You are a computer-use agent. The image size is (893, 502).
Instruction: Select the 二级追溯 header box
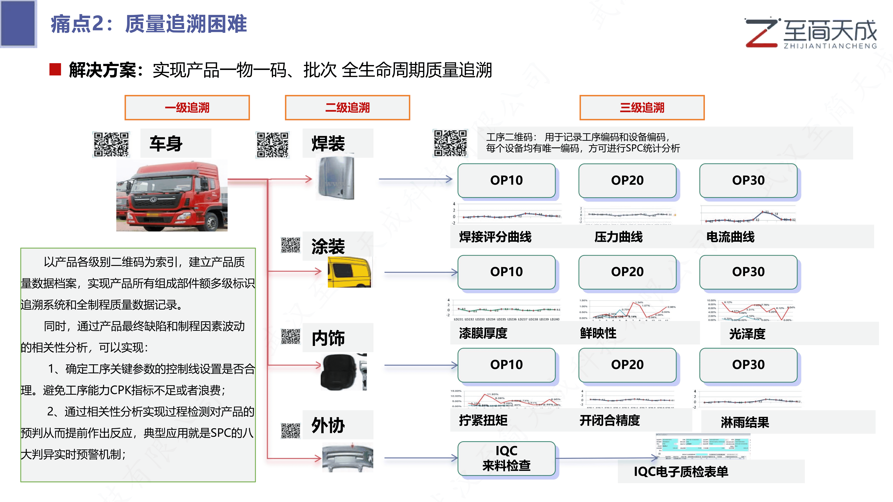(347, 108)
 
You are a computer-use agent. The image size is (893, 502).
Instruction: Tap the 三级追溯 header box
(642, 108)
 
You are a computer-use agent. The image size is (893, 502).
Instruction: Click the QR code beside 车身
(111, 144)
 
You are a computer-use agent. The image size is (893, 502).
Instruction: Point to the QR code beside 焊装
(272, 145)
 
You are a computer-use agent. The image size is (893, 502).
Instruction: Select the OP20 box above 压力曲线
(627, 180)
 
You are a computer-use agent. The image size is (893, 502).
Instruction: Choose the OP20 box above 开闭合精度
(627, 365)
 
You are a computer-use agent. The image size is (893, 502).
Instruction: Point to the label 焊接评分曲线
(495, 237)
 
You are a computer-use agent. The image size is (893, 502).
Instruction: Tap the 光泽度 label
(747, 334)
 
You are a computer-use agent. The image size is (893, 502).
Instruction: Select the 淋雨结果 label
(745, 422)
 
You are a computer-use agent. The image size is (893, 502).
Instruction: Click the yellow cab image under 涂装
(349, 272)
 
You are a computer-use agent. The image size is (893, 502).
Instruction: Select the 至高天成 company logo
(811, 33)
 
